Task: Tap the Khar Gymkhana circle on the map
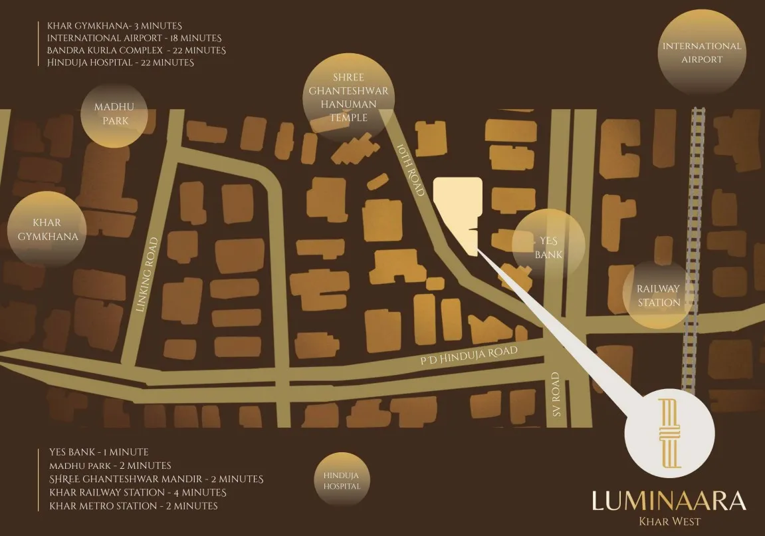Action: [47, 229]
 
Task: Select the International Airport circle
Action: [701, 53]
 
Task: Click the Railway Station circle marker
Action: [658, 295]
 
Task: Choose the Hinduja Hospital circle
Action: [342, 480]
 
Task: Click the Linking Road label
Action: [148, 275]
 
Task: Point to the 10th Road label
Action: [410, 170]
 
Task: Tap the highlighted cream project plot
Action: [459, 206]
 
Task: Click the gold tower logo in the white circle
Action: [670, 434]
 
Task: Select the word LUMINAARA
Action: [669, 500]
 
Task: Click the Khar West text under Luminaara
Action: [669, 521]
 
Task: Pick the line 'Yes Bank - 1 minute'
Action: [98, 452]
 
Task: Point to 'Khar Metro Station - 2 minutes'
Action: [134, 506]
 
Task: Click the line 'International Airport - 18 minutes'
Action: [134, 39]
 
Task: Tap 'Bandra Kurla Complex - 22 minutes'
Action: [136, 51]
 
